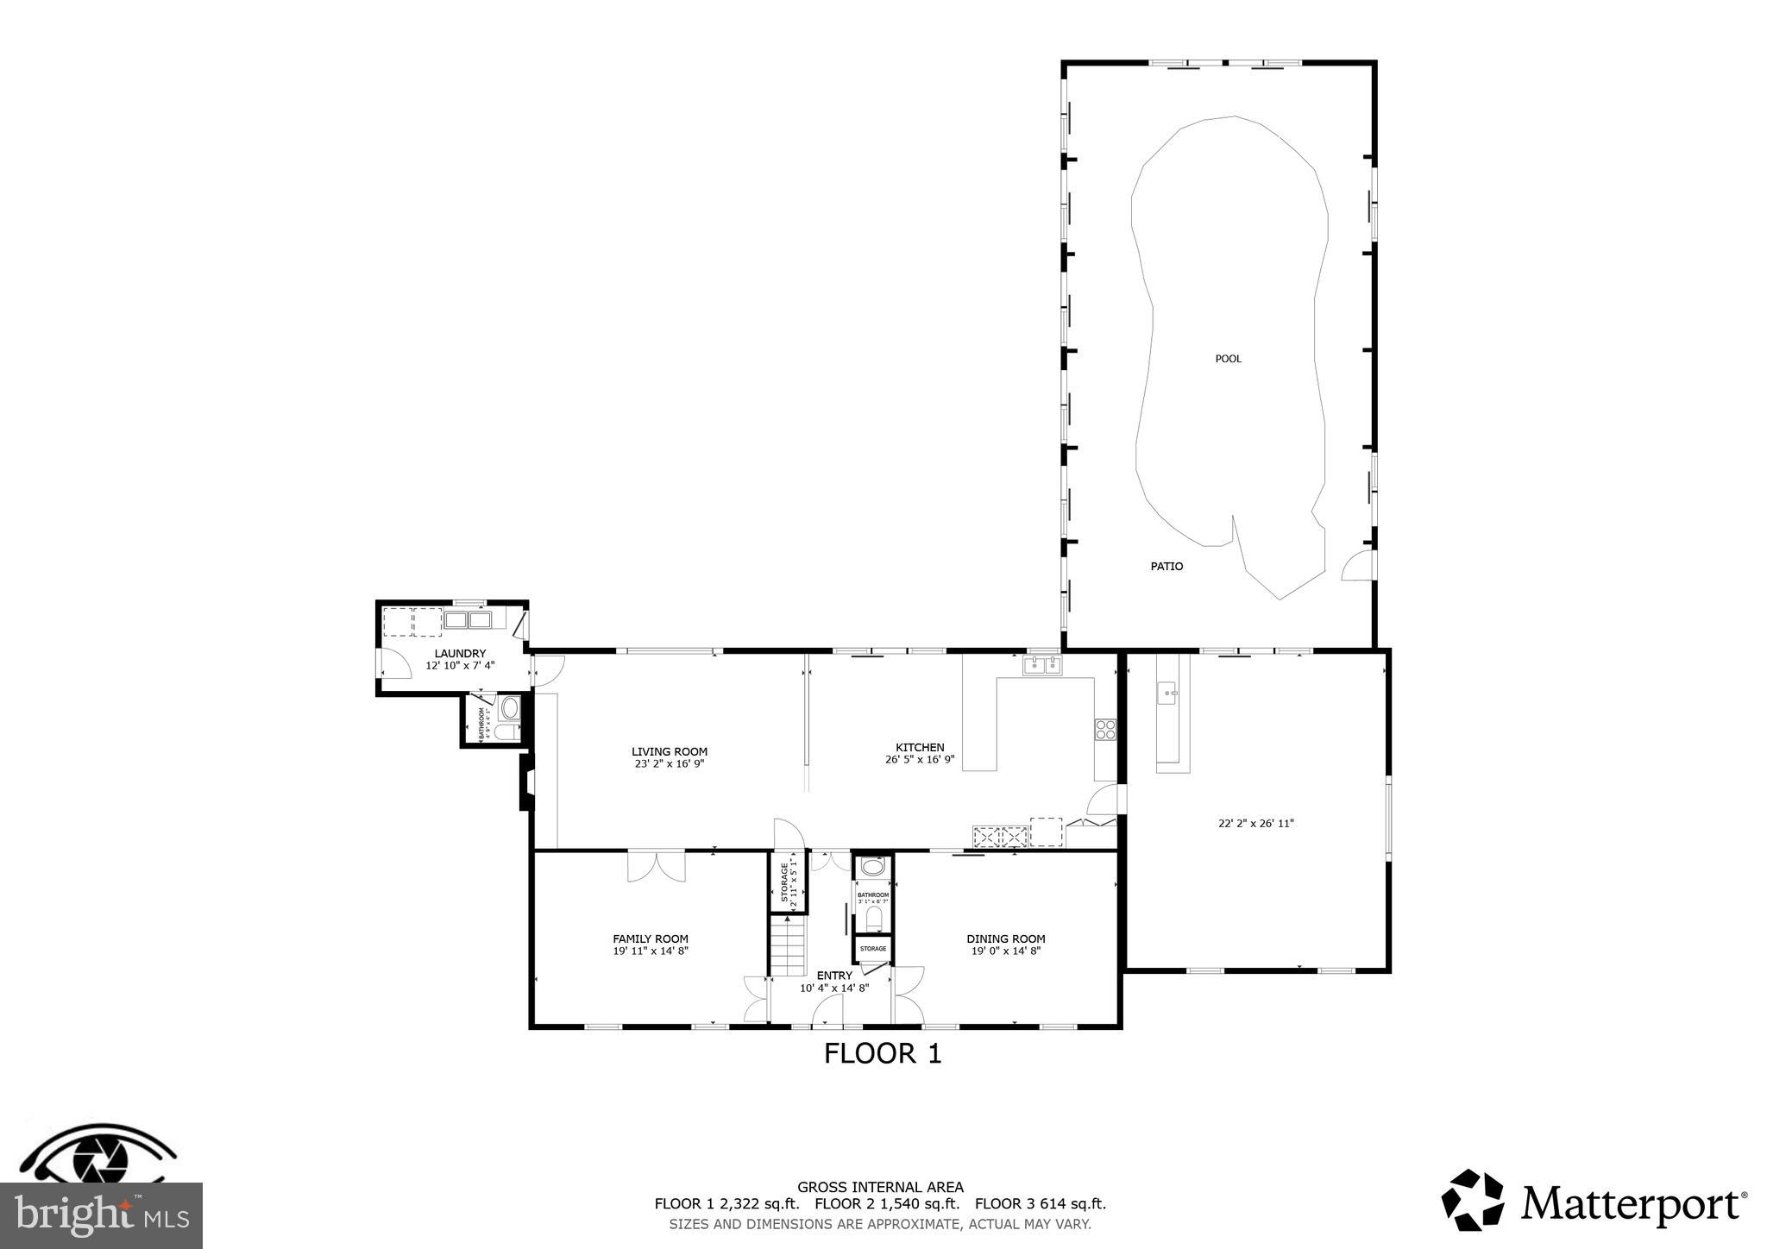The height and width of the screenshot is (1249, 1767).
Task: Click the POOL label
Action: pos(1228,359)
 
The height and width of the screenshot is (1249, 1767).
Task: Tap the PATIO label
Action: pos(1166,567)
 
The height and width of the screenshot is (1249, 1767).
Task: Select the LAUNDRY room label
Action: pos(460,654)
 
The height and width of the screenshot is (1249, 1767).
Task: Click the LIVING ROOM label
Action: pos(669,752)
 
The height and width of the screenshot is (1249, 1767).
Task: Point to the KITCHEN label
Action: pos(920,748)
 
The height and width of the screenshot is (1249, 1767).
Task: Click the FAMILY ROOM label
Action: pos(651,939)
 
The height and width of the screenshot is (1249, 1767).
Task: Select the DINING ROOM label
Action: pos(1005,939)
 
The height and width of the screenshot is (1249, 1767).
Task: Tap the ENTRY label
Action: pos(834,976)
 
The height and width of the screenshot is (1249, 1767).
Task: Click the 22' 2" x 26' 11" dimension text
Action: pos(1255,824)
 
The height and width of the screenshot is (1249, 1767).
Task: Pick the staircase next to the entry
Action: pos(788,946)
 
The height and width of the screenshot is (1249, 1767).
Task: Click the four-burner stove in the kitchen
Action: pos(1105,730)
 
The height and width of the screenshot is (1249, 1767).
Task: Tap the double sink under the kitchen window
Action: pos(1042,665)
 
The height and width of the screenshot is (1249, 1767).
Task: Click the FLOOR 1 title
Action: pos(882,1054)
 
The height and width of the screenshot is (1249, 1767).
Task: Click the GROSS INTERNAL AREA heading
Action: pos(880,1188)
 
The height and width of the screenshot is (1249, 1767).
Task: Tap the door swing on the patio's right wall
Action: pos(1357,566)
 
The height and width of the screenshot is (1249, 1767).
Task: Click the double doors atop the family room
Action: pos(656,866)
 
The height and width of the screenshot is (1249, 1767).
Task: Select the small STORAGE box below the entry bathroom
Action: pos(872,949)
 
